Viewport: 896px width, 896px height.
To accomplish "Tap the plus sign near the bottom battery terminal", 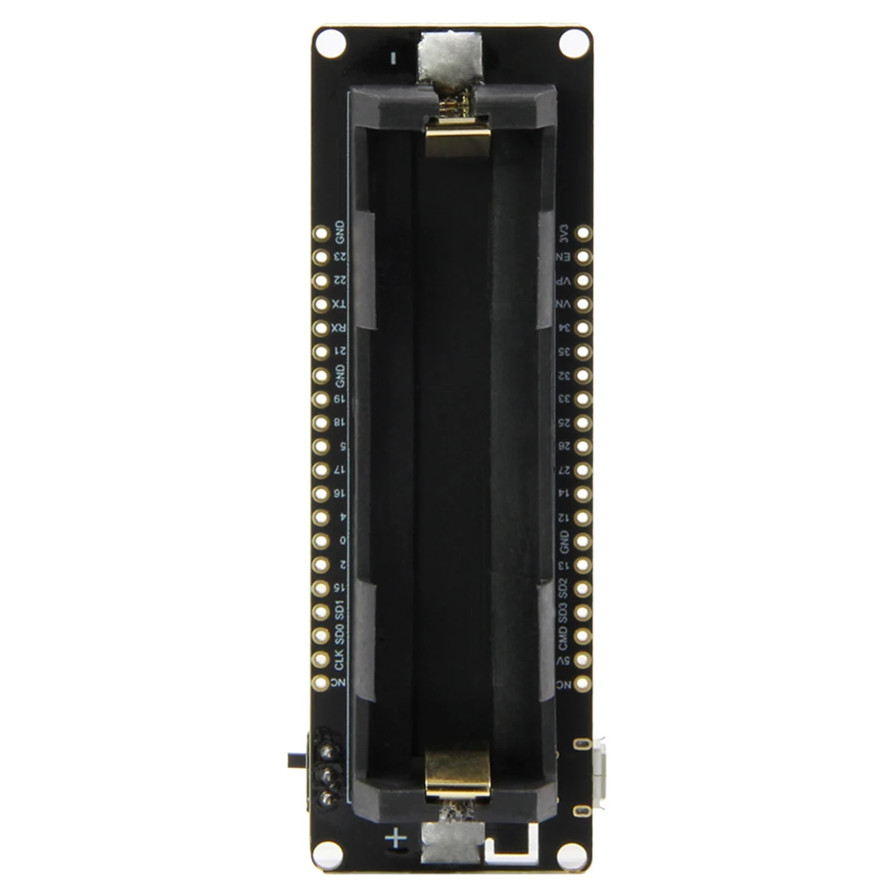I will pyautogui.click(x=396, y=839).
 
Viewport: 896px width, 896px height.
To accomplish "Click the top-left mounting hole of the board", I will pyautogui.click(x=326, y=43).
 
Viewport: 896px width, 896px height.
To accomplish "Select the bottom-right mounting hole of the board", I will pyautogui.click(x=572, y=852).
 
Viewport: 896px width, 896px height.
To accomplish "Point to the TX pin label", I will pyautogui.click(x=340, y=304).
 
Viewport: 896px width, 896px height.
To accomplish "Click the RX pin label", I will pyautogui.click(x=340, y=328).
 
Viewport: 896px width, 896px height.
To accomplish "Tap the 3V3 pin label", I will pyautogui.click(x=564, y=233).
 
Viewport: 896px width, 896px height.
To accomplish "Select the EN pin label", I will pyautogui.click(x=564, y=257).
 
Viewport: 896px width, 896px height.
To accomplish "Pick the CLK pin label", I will pyautogui.click(x=340, y=660).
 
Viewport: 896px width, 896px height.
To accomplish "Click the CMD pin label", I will pyautogui.click(x=564, y=637).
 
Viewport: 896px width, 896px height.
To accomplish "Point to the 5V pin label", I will pyautogui.click(x=564, y=661).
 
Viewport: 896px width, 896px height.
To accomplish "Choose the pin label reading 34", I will pyautogui.click(x=564, y=328).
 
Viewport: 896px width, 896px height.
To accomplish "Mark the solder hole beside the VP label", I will pyautogui.click(x=583, y=281).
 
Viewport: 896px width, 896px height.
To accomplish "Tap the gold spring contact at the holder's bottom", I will pyautogui.click(x=458, y=774).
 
